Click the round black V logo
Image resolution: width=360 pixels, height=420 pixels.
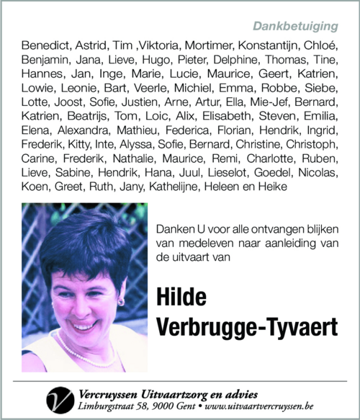coord(60,399)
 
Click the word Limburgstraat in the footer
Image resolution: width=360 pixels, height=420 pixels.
coord(109,407)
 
